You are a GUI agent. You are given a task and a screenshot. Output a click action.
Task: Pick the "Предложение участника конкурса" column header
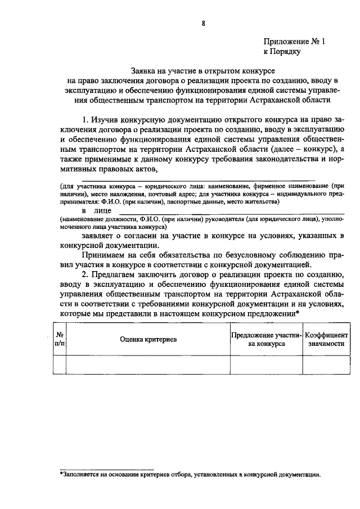[266, 339]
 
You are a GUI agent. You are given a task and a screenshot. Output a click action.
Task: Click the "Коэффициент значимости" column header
[326, 339]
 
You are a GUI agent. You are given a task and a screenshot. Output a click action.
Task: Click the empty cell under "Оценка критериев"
[148, 364]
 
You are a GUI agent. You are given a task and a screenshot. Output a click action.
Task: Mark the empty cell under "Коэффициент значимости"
[326, 364]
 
